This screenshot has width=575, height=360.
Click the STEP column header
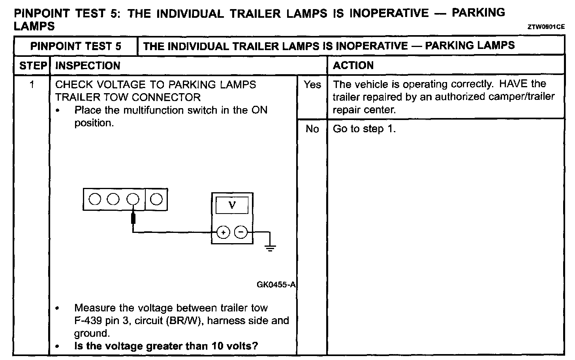point(33,66)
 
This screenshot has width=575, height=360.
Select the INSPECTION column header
point(88,66)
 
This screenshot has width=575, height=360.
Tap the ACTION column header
point(353,66)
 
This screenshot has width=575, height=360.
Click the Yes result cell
point(312,84)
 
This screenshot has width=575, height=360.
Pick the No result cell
point(312,129)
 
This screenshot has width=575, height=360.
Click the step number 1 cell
point(32,84)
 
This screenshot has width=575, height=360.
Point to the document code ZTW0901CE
point(546,27)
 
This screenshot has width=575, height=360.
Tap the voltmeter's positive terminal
point(223,232)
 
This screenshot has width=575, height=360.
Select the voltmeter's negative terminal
point(241,232)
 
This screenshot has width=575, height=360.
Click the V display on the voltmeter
point(232,205)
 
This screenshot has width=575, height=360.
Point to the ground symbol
point(270,248)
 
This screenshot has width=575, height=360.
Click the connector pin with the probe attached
point(133,199)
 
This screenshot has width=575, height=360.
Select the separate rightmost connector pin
point(156,199)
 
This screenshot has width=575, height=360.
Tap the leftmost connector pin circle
point(95,199)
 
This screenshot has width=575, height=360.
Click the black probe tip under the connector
point(133,218)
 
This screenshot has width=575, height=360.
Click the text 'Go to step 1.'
point(364,129)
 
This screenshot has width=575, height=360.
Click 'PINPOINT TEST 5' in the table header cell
point(76,46)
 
